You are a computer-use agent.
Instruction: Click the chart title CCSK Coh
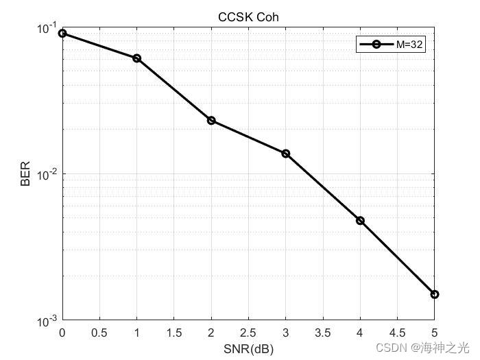248,16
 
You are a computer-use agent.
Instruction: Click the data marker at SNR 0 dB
62,33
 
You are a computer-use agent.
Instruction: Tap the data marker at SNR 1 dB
137,58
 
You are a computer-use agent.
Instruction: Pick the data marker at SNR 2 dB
211,121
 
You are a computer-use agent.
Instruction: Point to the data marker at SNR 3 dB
286,154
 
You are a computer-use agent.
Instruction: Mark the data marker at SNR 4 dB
360,221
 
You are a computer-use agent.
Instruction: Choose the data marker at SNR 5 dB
434,294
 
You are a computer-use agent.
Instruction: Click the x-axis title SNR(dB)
248,349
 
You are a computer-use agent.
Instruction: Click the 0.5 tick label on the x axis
99,333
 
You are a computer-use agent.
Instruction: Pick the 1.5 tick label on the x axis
174,333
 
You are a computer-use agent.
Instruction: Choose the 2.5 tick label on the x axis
248,333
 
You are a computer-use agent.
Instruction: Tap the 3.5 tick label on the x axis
323,333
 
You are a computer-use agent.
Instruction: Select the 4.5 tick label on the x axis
397,333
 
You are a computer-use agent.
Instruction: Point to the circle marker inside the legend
375,45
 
